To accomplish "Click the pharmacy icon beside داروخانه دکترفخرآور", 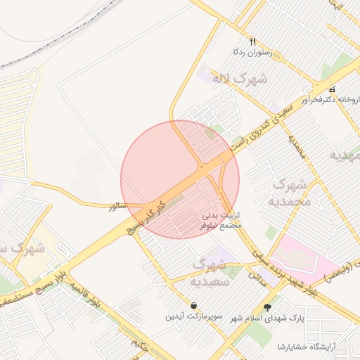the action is [x=332, y=89].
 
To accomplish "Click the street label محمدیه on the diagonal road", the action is [x=297, y=145].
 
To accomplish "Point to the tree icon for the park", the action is [x=266, y=307].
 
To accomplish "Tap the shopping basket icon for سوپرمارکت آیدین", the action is [x=193, y=306].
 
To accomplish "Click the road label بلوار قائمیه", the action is [x=84, y=296].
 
